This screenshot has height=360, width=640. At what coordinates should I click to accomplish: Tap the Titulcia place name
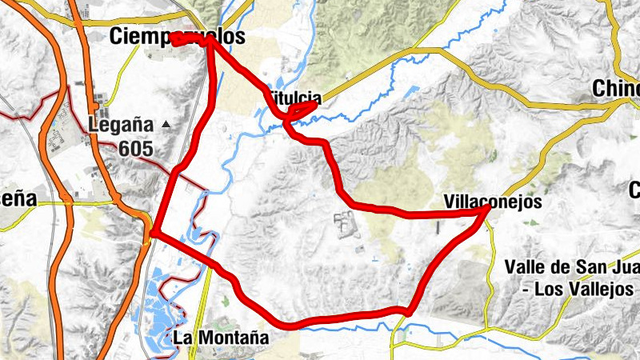click(294, 98)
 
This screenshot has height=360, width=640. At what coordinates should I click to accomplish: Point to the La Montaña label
click(221, 338)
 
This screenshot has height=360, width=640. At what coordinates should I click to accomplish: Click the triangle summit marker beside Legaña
click(166, 124)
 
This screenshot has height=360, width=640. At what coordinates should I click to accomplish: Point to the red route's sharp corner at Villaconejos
click(488, 208)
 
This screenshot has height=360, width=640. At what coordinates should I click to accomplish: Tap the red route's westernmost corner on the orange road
click(152, 234)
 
